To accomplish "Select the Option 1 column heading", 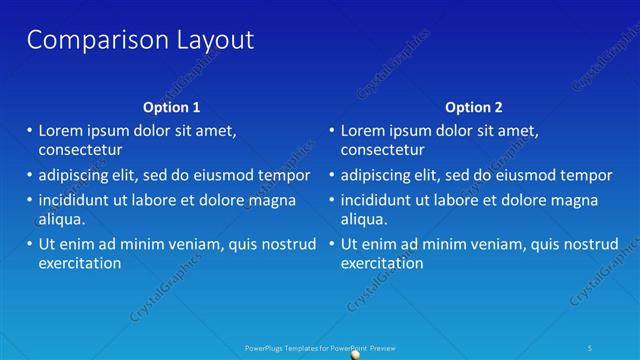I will [x=172, y=107].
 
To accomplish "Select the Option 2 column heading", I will [x=474, y=107].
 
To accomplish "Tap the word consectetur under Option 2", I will [x=382, y=150].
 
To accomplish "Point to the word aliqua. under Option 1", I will [x=61, y=219].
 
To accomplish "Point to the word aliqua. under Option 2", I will [x=364, y=219].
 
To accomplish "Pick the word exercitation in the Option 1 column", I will [x=80, y=263].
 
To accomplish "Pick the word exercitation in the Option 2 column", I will [x=382, y=263].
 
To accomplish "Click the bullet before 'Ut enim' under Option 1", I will [x=28, y=244].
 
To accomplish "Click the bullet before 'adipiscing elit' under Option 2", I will [x=331, y=175].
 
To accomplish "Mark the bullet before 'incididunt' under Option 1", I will [x=28, y=200].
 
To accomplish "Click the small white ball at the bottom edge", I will [x=356, y=354].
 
